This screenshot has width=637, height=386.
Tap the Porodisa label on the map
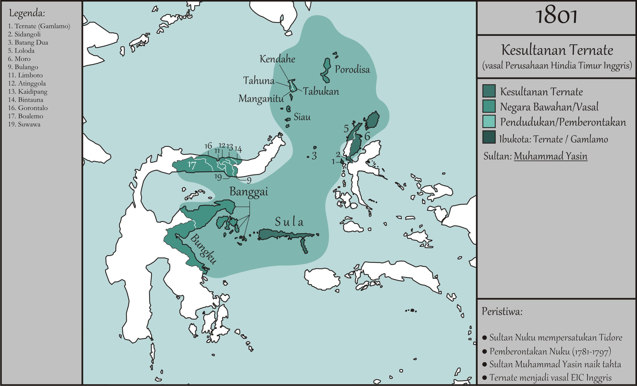(x=352, y=69)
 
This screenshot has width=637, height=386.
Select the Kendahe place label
(x=277, y=59)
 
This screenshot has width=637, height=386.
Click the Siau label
(x=302, y=117)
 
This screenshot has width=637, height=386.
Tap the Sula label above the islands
(x=289, y=222)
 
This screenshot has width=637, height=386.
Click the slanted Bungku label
(x=203, y=249)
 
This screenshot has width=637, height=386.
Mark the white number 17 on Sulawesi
(x=192, y=165)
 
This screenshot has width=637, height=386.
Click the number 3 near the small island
(x=314, y=156)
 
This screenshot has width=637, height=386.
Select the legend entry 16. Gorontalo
(x=28, y=108)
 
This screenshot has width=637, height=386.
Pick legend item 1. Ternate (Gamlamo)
(x=39, y=26)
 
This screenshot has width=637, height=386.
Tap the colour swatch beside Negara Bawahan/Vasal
(x=489, y=106)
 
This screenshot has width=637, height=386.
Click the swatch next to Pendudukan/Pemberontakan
(x=489, y=122)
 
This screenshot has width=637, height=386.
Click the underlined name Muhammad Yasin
(x=550, y=156)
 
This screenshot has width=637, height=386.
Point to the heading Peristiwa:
(x=502, y=312)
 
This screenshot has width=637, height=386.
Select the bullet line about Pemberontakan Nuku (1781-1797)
(x=550, y=351)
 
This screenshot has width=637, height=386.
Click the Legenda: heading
(x=27, y=13)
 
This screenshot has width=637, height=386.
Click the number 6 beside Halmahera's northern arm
(x=367, y=136)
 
